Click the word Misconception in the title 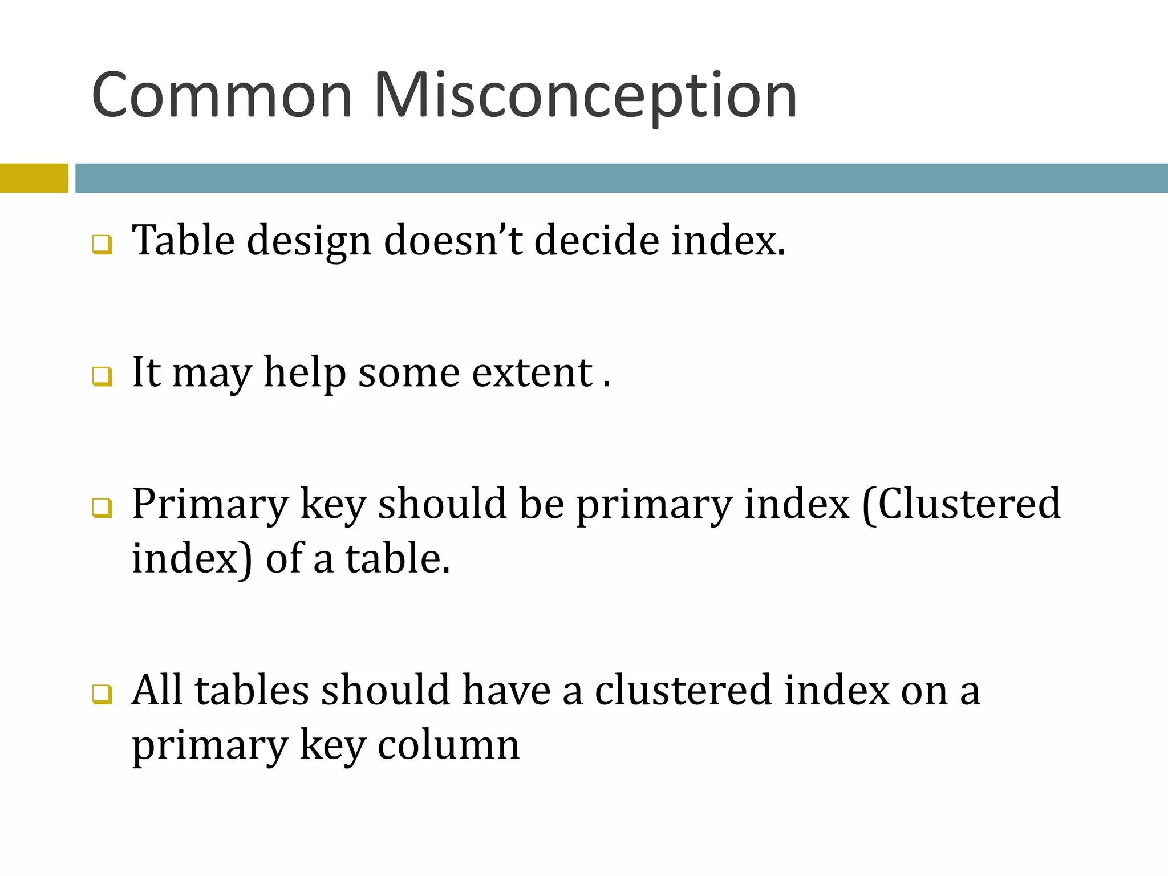tap(585, 96)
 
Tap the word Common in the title tap(222, 96)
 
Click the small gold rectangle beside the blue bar tap(34, 178)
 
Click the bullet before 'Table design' tap(102, 245)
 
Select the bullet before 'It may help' tap(102, 376)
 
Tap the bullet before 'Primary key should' tap(102, 508)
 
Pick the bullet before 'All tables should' tap(102, 695)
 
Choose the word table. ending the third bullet tap(398, 559)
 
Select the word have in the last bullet tap(506, 691)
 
